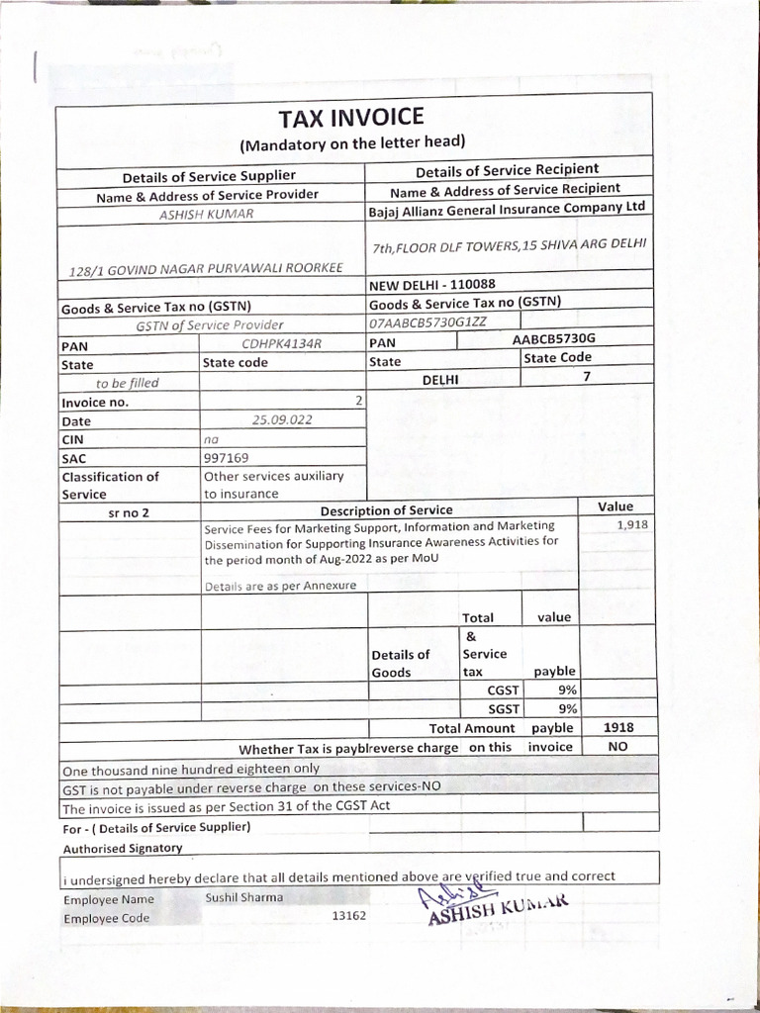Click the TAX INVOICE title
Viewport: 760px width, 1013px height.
351,118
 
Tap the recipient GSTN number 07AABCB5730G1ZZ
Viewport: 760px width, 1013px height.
427,322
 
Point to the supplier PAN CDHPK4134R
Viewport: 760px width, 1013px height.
282,343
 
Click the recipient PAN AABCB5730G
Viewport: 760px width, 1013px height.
554,338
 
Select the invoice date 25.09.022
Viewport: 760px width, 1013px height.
282,419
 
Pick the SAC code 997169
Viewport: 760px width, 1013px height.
226,458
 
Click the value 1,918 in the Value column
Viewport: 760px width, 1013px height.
631,524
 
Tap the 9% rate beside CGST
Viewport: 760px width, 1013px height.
568,690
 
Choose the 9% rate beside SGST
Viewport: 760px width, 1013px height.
568,708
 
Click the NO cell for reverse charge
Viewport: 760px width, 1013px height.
617,747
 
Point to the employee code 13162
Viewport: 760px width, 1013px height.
348,916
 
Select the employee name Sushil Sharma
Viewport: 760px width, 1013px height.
243,897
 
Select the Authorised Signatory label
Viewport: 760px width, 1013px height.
123,848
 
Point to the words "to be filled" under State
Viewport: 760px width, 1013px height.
127,383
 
